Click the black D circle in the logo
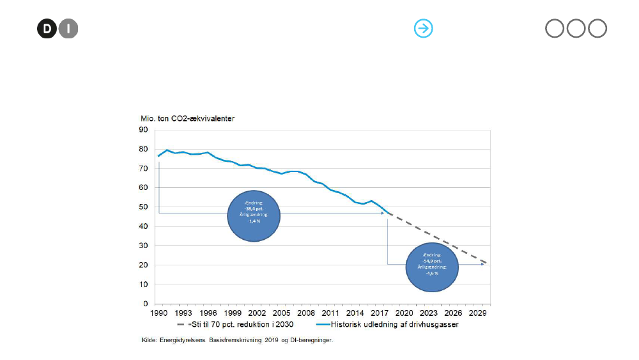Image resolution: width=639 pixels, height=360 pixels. click(47, 29)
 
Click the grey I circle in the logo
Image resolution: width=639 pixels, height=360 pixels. click(68, 29)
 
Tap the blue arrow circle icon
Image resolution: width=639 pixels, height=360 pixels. click(424, 28)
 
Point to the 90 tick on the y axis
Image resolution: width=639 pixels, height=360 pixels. click(144, 130)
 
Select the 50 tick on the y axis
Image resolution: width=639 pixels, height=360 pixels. click(144, 207)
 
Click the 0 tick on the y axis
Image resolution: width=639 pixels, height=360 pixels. click(146, 304)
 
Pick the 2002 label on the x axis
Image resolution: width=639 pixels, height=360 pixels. click(258, 313)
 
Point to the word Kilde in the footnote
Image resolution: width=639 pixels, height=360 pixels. click(148, 340)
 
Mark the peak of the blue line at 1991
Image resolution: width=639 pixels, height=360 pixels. click(166, 150)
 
